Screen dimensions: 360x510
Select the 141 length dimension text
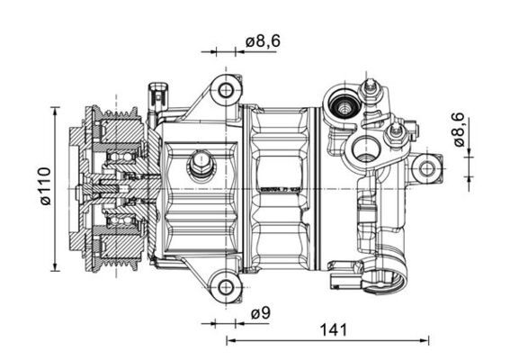pos(334,330)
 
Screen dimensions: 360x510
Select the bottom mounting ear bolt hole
pos(225,288)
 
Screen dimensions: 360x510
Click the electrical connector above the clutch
pos(159,95)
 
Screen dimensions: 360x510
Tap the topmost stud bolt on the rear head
pos(369,87)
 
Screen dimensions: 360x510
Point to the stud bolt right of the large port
pos(394,135)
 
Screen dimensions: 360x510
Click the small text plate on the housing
pos(276,190)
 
